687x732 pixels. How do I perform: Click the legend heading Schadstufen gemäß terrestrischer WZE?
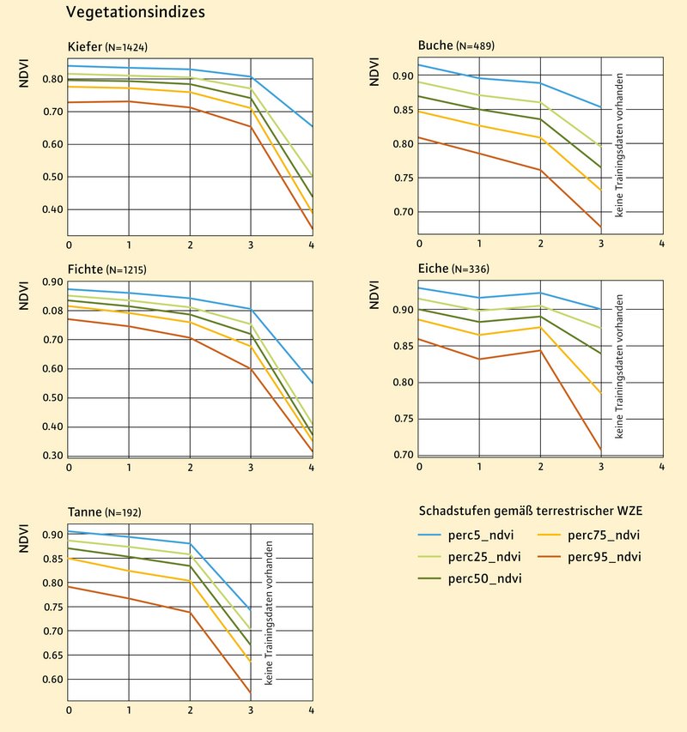coord(531,511)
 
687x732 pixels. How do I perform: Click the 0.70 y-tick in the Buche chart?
coord(402,212)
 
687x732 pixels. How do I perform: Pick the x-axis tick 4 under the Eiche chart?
coord(661,467)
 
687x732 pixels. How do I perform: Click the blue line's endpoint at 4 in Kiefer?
coord(312,126)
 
